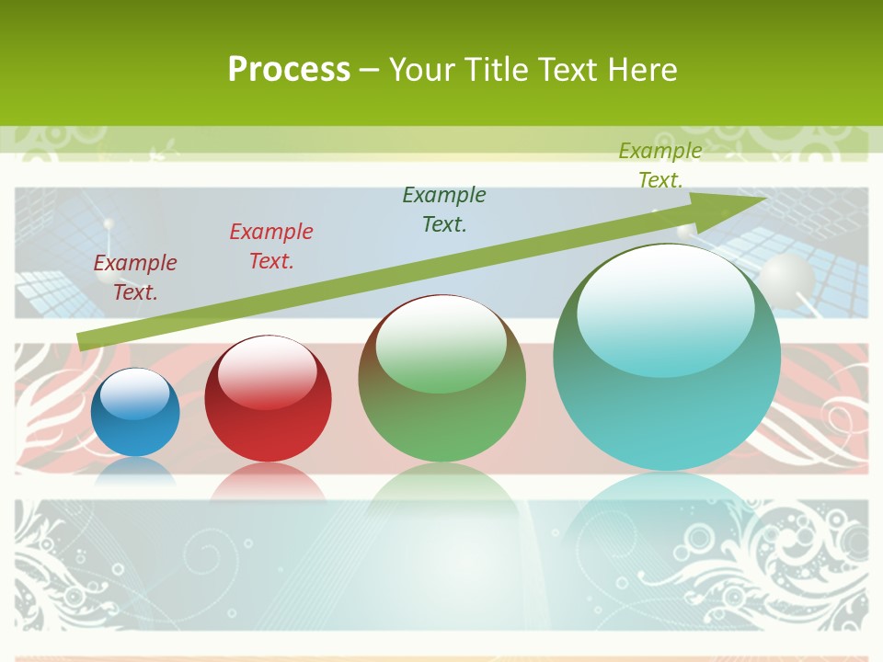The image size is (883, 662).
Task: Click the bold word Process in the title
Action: (x=289, y=70)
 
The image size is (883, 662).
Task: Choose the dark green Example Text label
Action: (x=444, y=209)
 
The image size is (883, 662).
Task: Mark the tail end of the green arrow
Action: (x=83, y=341)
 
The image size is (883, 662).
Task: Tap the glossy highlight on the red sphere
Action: (x=268, y=373)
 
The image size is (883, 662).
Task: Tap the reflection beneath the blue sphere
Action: (x=135, y=472)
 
